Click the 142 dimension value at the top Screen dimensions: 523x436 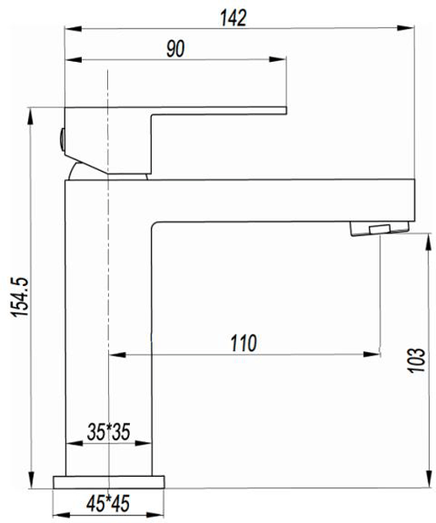[x=235, y=17]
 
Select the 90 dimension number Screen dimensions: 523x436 [x=175, y=49]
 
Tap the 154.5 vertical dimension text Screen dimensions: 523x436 [x=17, y=297]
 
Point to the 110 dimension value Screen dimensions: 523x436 [x=243, y=343]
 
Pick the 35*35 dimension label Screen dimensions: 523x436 [x=109, y=431]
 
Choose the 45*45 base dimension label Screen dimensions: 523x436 [x=109, y=504]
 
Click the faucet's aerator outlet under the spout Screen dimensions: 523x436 [x=378, y=229]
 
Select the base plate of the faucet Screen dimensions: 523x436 [x=109, y=481]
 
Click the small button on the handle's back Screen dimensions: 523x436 [x=62, y=135]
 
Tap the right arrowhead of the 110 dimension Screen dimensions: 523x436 [x=376, y=355]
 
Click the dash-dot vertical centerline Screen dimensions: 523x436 [x=106, y=261]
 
